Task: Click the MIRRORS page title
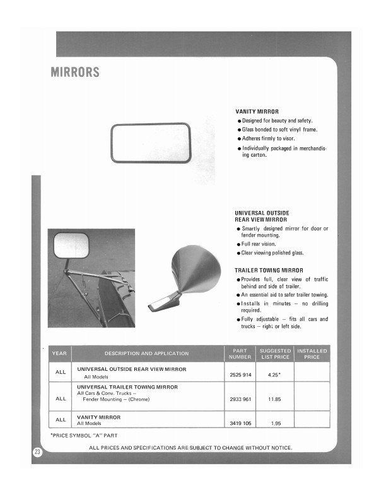(x=75, y=72)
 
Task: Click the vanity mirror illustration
(x=150, y=144)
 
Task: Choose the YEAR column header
(x=61, y=353)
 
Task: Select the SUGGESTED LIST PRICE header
(x=275, y=353)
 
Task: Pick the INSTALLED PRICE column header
(x=312, y=353)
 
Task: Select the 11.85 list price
(x=274, y=399)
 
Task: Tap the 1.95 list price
(x=274, y=423)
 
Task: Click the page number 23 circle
(x=37, y=452)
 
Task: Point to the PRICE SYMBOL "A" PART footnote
(x=84, y=435)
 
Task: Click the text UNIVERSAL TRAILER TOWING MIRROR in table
(x=127, y=387)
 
